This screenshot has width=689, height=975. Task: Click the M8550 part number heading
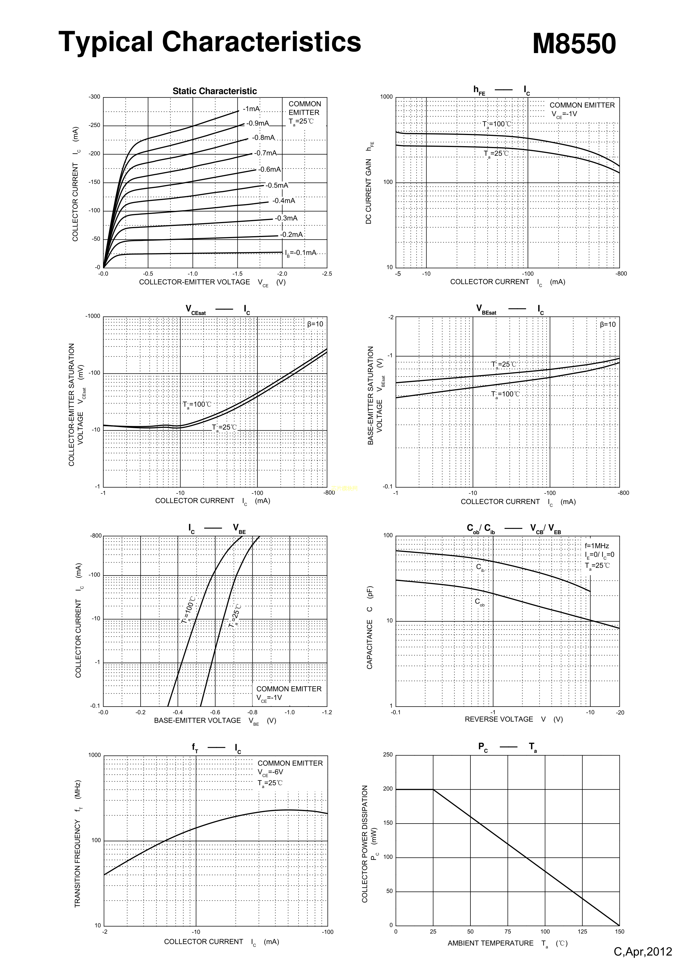[574, 44]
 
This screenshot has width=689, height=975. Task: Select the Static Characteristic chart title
[214, 91]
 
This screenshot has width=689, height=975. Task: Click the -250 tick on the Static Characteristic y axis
[94, 125]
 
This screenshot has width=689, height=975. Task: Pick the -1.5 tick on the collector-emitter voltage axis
[238, 274]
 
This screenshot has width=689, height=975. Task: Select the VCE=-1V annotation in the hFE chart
[564, 114]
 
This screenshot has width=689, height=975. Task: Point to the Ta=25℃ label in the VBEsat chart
[504, 364]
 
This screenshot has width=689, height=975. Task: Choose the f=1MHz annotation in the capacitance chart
[597, 546]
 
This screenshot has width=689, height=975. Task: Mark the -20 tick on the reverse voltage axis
[620, 713]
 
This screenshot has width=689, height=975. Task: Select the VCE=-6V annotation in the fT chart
[270, 772]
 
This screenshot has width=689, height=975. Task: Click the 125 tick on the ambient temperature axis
[582, 932]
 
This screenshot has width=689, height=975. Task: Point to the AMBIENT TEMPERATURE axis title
[490, 943]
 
